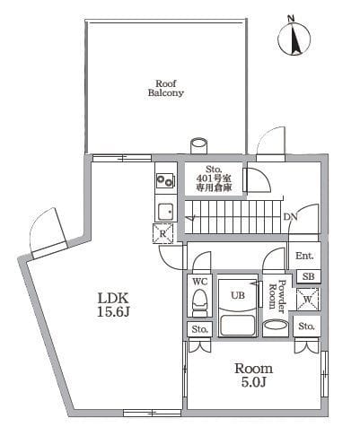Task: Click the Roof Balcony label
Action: (166, 87)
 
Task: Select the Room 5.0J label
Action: (254, 375)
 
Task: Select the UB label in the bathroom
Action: (239, 294)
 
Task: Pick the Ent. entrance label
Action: (305, 257)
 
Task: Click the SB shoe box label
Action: (307, 276)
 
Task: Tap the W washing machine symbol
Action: (307, 298)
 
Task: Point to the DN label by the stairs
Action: (290, 218)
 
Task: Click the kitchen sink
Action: (165, 212)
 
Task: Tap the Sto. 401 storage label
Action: (214, 179)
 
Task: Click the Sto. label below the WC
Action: (199, 330)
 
